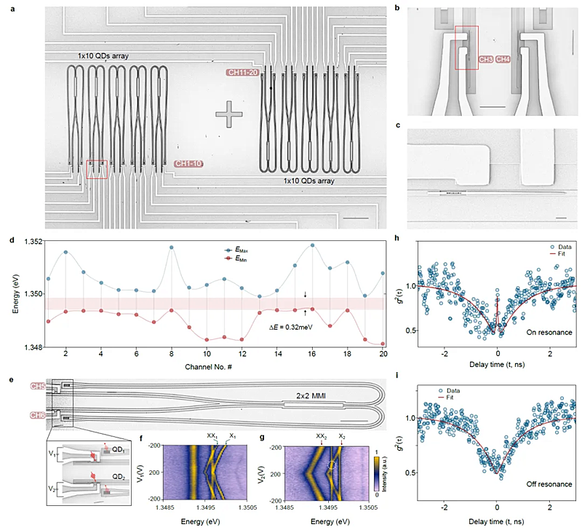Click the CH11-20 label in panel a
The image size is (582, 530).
244,73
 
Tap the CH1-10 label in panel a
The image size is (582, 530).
188,165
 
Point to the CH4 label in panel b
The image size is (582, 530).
503,58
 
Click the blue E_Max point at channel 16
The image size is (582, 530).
312,245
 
